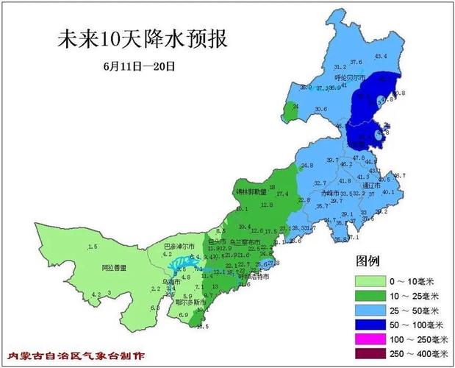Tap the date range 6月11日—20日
tap(139, 65)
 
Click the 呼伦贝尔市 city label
tap(350, 76)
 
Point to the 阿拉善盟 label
tap(114, 268)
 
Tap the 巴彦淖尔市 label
tap(179, 246)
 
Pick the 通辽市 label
tap(372, 187)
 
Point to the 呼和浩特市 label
tap(254, 277)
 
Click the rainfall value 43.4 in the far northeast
tap(381, 56)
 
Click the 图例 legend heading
tap(368, 261)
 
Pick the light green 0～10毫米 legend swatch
tap(371, 281)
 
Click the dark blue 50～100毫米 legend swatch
tap(371, 324)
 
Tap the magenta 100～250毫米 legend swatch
tap(371, 339)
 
